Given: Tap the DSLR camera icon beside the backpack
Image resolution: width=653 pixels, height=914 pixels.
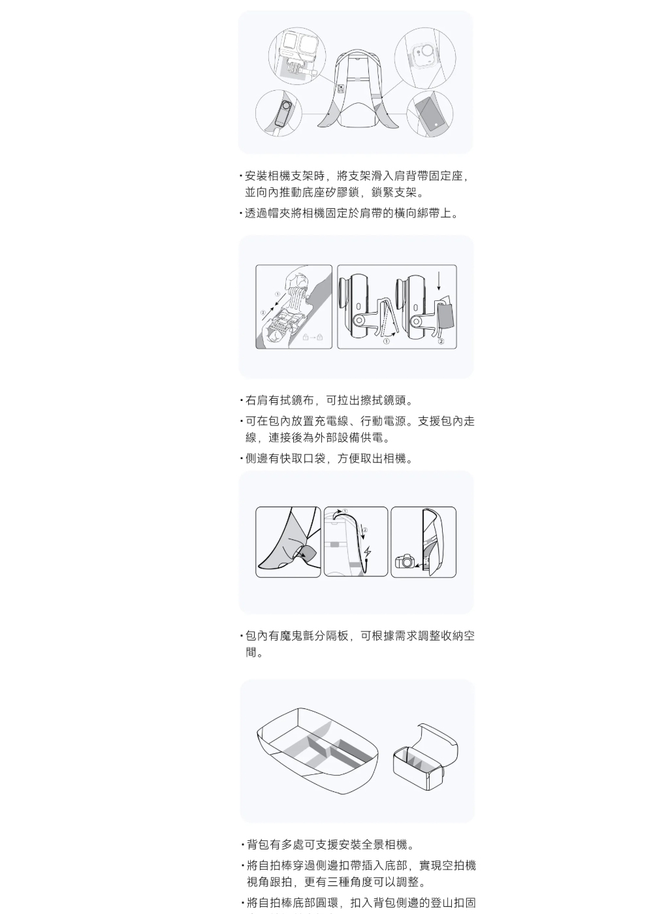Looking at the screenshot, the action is tap(404, 561).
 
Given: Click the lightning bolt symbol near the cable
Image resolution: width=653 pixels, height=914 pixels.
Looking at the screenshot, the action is tap(368, 552).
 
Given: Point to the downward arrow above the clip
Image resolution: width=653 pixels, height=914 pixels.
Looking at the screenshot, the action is tap(439, 279).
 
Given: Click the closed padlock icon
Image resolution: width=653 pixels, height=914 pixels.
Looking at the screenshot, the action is tap(320, 337).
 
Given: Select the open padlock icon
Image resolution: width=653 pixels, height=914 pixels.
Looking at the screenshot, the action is tap(306, 337).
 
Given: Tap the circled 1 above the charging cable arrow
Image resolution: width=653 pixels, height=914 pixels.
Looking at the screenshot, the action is tap(345, 511).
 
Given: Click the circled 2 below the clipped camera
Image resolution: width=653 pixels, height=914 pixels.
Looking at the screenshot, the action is tap(441, 341).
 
